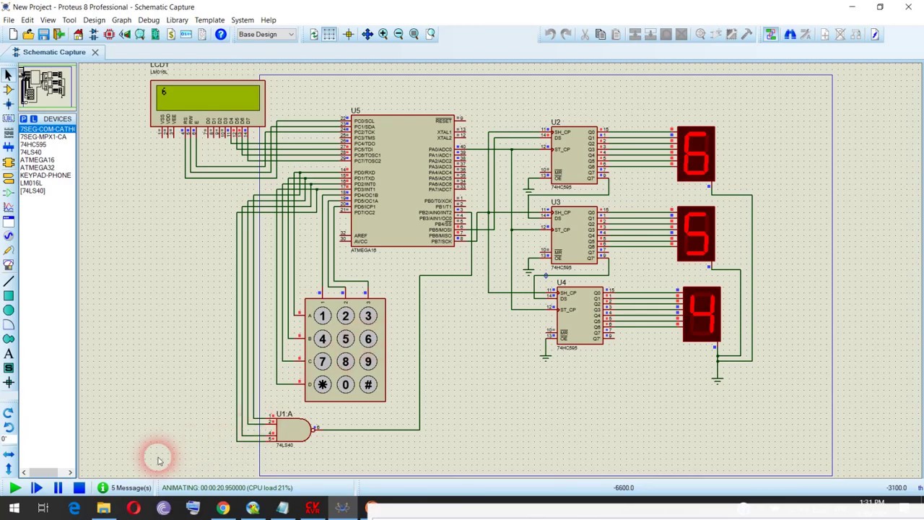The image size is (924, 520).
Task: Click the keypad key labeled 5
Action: click(x=345, y=339)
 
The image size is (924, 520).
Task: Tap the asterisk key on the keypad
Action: click(x=323, y=384)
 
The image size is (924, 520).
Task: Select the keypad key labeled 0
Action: click(x=345, y=384)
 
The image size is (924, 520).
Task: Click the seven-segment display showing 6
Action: click(x=696, y=154)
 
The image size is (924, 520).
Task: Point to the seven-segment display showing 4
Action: click(x=701, y=314)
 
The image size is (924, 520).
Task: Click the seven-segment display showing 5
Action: click(x=696, y=234)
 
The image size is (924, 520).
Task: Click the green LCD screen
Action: click(x=208, y=98)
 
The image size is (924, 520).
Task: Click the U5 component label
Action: click(x=355, y=111)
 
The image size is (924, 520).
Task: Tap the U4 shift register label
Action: click(x=562, y=282)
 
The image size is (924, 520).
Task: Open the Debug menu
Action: click(x=149, y=20)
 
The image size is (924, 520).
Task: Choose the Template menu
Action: click(x=209, y=20)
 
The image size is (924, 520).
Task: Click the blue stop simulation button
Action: click(x=79, y=488)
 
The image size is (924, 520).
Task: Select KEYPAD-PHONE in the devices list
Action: click(x=45, y=175)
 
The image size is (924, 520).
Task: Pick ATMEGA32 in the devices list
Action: click(x=37, y=168)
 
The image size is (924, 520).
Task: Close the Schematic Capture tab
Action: click(x=95, y=52)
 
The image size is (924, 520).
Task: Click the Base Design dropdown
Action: click(x=266, y=34)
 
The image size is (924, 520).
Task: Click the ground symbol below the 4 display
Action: click(x=717, y=380)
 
